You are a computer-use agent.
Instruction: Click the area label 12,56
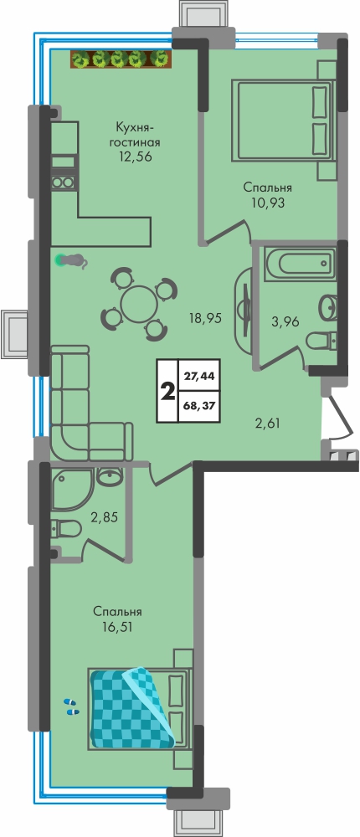point(135,157)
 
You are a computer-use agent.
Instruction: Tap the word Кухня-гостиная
point(135,135)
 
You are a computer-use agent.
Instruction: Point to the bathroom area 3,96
point(285,321)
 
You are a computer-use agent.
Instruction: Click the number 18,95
point(204,318)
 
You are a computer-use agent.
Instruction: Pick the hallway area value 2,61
point(268,424)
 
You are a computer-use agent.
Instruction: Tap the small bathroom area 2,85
point(104,517)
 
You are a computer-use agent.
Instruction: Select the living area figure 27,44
point(199,376)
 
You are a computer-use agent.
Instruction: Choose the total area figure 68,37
point(199,404)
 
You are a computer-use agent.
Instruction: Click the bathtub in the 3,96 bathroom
point(300,263)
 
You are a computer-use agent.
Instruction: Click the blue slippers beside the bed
point(71,706)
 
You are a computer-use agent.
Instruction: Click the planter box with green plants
point(121,59)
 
